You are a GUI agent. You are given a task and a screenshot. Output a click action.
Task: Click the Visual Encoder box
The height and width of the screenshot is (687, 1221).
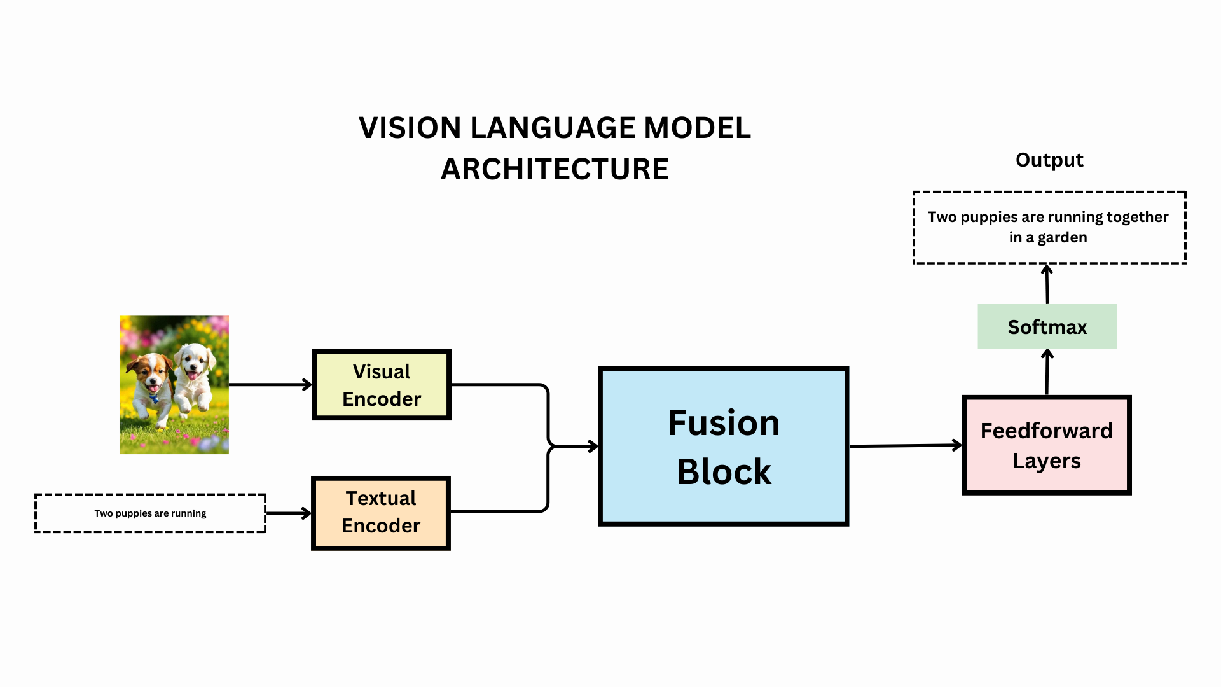pos(382,385)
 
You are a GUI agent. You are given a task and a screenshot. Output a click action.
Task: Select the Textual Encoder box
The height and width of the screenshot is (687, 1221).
pos(381,513)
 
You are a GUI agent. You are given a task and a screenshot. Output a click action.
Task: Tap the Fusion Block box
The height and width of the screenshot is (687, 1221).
pos(723,447)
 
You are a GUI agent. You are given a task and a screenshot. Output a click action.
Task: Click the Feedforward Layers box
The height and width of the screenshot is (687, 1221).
pos(1046,445)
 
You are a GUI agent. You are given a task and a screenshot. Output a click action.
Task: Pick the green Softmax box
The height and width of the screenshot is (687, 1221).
pos(1047,326)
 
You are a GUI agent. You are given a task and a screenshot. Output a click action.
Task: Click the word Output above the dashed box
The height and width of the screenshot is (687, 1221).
pos(1049,160)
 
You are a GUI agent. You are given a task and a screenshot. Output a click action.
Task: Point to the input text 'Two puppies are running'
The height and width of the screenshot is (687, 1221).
pos(150,513)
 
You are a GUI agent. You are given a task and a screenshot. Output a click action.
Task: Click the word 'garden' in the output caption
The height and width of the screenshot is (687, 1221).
pos(1062,237)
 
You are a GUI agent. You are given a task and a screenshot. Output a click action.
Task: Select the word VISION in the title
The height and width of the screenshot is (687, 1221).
pos(410,128)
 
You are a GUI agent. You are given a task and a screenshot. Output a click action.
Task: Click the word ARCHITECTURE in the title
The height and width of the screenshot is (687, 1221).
pos(555,169)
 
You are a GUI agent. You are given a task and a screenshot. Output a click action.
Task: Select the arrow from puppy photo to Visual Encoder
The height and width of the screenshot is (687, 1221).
pos(270,384)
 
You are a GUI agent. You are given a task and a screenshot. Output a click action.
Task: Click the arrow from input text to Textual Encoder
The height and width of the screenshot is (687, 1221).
pos(288,513)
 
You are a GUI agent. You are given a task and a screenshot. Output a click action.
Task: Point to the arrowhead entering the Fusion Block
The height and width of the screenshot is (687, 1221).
pos(593,447)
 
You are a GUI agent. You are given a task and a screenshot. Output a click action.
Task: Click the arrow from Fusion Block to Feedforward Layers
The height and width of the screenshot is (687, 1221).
pos(905,446)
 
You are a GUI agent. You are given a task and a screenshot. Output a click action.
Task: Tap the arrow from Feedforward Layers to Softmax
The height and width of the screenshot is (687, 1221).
pos(1047,372)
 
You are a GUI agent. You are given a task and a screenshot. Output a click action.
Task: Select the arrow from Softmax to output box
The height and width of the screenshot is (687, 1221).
pos(1047,284)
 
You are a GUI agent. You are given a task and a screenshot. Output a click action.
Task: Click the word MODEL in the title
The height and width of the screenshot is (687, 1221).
pos(697,128)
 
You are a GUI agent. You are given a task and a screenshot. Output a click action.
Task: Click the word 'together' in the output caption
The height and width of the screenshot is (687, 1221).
pos(1137,217)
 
